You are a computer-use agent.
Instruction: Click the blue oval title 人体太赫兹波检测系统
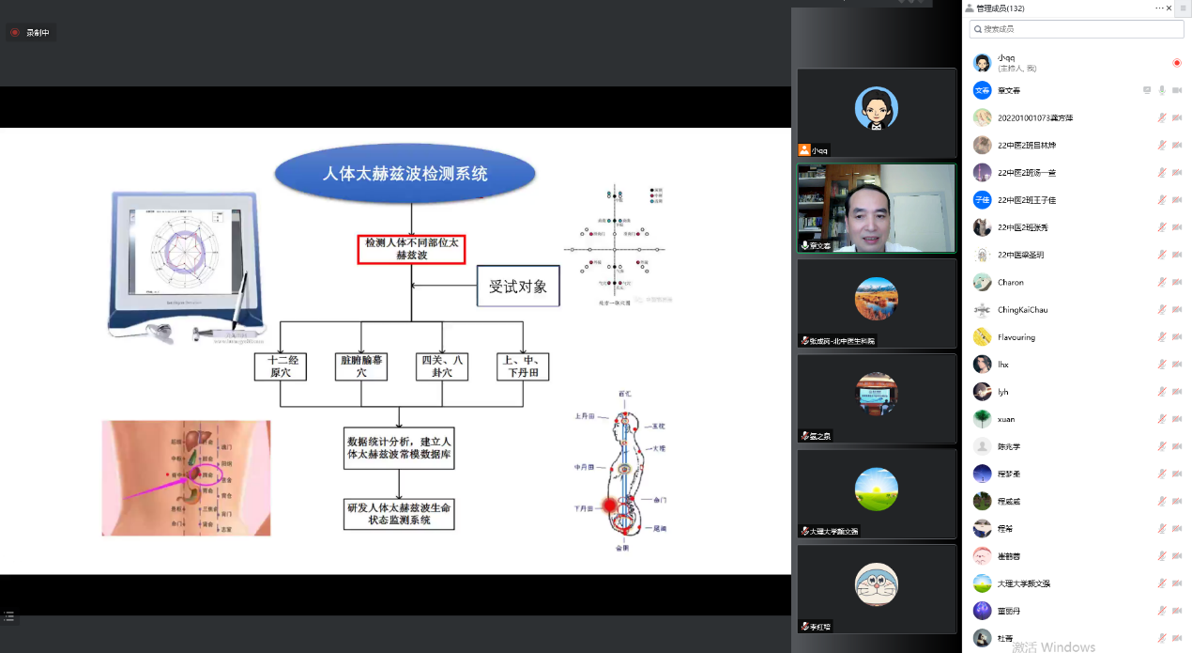tap(405, 175)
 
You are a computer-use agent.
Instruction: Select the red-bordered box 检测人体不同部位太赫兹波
tap(411, 249)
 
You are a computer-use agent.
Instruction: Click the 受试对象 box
tap(518, 287)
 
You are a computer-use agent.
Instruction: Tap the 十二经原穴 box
tap(281, 366)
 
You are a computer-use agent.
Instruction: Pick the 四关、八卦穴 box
tap(442, 366)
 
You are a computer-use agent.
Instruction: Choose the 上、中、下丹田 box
tap(523, 366)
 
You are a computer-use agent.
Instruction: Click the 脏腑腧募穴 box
tap(361, 366)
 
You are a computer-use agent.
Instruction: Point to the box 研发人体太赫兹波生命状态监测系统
tap(400, 513)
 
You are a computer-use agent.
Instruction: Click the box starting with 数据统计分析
tap(400, 448)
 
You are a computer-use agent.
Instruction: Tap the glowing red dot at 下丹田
tap(609, 506)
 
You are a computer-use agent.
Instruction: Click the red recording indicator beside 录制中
tap(15, 33)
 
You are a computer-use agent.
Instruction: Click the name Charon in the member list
tap(1011, 283)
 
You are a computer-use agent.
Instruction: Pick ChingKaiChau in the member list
tap(1022, 310)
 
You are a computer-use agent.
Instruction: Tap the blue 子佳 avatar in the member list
tap(982, 200)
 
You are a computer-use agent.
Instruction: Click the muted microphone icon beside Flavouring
tap(1162, 337)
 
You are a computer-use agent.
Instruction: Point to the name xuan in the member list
tap(1006, 419)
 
